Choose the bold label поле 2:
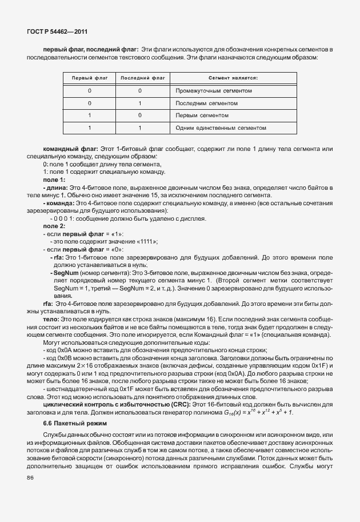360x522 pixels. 54,226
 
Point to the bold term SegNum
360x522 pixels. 66,273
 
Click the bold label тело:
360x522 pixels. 51,317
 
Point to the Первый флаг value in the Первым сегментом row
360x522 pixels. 89,115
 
